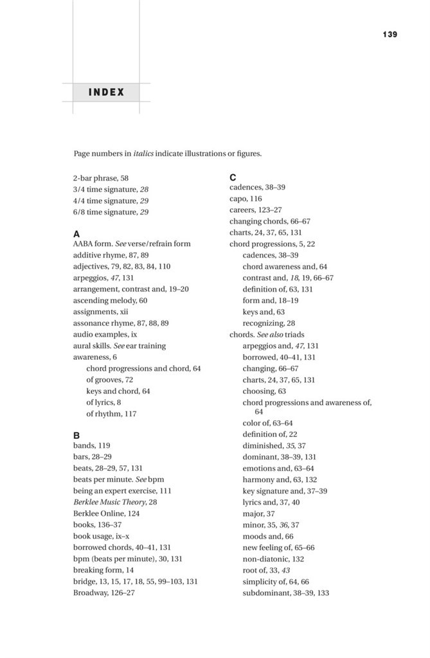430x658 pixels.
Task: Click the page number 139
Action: click(x=390, y=34)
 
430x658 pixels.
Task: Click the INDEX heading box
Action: click(x=107, y=92)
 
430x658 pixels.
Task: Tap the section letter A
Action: click(x=77, y=234)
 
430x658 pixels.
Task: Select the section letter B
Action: click(x=77, y=434)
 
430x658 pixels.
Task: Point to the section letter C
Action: click(x=233, y=177)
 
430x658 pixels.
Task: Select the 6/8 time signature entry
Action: click(x=111, y=211)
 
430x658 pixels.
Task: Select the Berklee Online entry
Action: click(x=106, y=513)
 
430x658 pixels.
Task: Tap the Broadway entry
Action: click(x=104, y=592)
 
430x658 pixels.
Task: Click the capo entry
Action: click(x=246, y=199)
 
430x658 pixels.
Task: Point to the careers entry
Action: click(x=256, y=210)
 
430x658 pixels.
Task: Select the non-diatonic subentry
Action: click(x=273, y=559)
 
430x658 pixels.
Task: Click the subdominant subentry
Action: click(x=285, y=592)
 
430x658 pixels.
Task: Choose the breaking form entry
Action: click(x=103, y=570)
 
